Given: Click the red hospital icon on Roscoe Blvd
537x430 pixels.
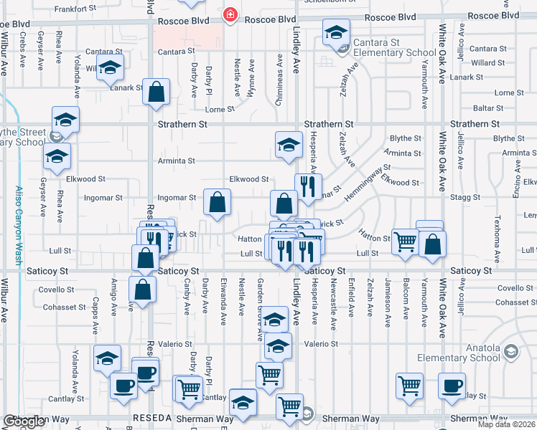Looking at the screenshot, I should [x=230, y=15].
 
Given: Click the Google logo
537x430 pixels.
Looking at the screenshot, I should [x=24, y=421].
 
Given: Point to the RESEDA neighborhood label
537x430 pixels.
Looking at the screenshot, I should [x=151, y=419].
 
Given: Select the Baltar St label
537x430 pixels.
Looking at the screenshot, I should [x=509, y=107].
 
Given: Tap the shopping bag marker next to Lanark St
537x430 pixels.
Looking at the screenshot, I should [x=156, y=92].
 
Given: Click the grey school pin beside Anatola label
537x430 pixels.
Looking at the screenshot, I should [x=510, y=351].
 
